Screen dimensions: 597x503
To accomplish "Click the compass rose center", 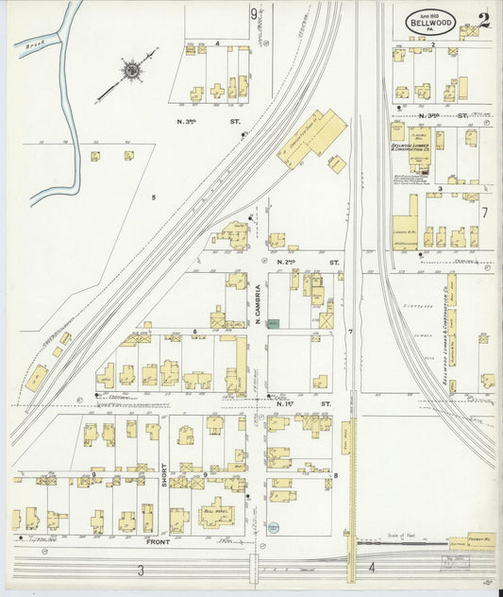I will [131, 71].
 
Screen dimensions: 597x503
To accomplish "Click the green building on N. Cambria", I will [273, 323].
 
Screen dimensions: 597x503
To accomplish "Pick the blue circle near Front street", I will [273, 528].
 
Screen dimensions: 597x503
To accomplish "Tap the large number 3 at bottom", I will [140, 569].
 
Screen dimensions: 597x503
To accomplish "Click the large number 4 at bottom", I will [372, 568].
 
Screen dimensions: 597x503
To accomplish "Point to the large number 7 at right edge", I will [484, 213].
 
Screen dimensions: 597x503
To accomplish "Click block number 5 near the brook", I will [152, 197].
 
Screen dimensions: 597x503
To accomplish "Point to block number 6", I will [194, 332].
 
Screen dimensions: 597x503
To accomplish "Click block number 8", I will [335, 474].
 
